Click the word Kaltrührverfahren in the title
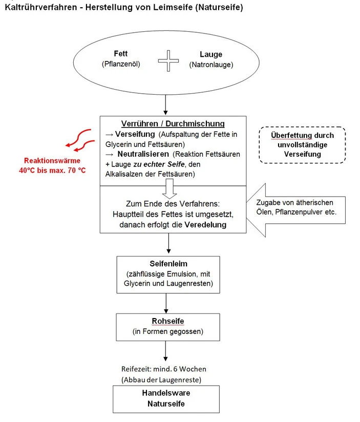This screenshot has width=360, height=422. (41, 7)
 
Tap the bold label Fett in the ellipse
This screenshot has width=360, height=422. (120, 54)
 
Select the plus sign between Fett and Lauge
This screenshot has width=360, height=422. (168, 61)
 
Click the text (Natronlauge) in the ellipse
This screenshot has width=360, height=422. (211, 65)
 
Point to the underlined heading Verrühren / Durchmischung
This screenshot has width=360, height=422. (173, 123)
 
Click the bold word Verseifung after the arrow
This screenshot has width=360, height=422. (135, 134)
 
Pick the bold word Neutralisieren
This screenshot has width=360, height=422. (143, 154)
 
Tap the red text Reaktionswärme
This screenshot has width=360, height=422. (52, 161)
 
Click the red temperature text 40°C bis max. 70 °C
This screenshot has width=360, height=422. (52, 171)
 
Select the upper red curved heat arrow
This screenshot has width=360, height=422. (78, 137)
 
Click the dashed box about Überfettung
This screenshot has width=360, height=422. (302, 145)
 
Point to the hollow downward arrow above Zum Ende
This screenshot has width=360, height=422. (170, 188)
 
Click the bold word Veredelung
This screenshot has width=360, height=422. (205, 225)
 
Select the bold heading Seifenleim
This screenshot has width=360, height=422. (168, 264)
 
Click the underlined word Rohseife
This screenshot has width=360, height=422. (168, 321)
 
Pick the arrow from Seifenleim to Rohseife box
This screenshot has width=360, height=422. (166, 303)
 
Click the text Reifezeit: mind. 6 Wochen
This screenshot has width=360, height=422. (163, 369)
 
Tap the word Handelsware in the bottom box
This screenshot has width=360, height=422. (166, 393)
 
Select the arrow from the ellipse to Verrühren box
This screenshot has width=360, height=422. (165, 105)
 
